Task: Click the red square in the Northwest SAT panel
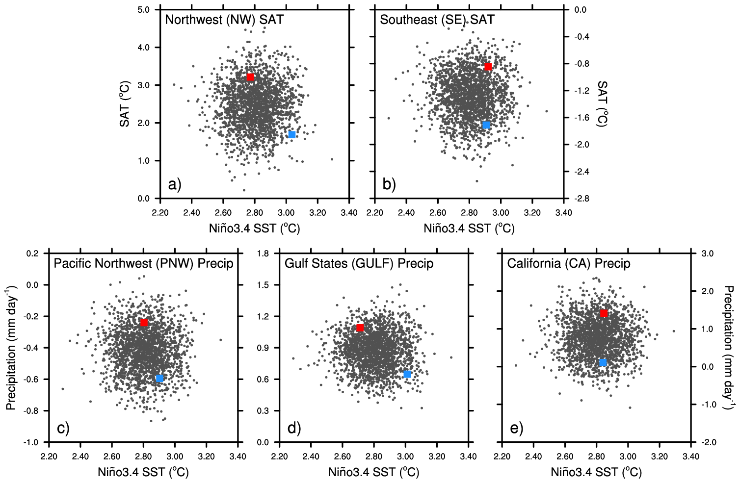point(250,77)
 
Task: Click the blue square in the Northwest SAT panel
point(292,134)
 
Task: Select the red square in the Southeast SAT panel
point(488,67)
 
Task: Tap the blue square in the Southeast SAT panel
point(486,125)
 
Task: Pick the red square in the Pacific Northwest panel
point(144,323)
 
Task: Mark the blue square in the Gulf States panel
point(407,374)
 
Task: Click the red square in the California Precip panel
point(604,313)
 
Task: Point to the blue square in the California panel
point(603,362)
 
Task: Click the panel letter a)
point(175,185)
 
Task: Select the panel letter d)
point(294,429)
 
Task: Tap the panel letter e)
point(516,429)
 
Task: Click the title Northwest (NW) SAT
point(224,20)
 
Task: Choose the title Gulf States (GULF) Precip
point(359,264)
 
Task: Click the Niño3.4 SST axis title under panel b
point(469,228)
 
